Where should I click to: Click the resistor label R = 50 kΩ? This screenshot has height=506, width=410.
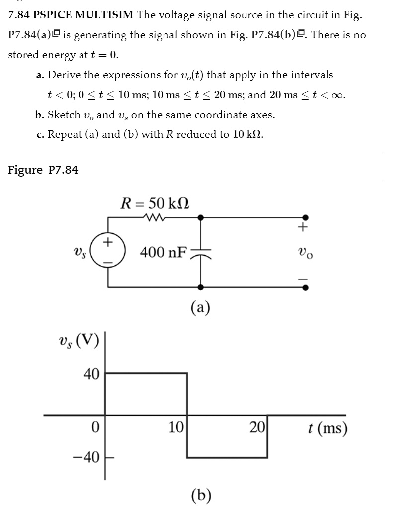(x=156, y=203)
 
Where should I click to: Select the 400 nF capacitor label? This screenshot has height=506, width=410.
(x=164, y=253)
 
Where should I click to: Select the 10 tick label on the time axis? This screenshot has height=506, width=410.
(x=176, y=427)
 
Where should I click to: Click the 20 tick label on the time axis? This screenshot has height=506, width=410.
(x=257, y=427)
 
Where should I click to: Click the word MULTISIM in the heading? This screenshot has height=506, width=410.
(x=104, y=15)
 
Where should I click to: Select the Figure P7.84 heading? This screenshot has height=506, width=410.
(x=43, y=170)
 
